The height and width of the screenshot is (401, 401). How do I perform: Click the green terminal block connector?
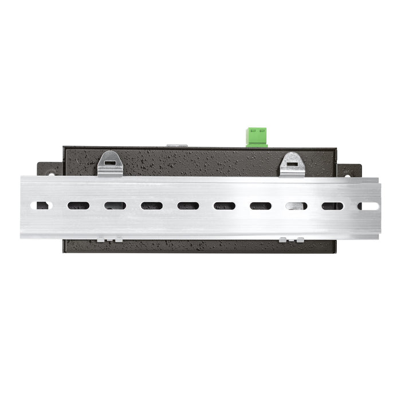[257, 137]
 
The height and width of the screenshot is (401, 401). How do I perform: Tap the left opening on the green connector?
[253, 132]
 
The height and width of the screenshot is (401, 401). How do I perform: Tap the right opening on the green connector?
[262, 132]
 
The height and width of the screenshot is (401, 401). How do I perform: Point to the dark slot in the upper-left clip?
[109, 162]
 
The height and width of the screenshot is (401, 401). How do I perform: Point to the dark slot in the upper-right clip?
[292, 162]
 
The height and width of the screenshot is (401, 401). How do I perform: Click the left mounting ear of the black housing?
[49, 170]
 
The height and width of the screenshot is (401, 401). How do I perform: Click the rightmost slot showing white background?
[368, 206]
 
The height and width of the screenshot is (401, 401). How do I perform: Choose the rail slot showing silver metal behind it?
[296, 206]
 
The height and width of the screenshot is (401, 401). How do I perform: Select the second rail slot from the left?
[78, 206]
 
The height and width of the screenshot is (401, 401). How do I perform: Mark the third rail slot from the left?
[115, 206]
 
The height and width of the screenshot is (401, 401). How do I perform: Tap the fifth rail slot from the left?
[187, 206]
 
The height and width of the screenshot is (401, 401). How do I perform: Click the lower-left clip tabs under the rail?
[109, 239]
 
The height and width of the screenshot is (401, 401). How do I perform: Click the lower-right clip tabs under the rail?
[292, 239]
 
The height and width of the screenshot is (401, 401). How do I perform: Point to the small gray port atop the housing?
[177, 146]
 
